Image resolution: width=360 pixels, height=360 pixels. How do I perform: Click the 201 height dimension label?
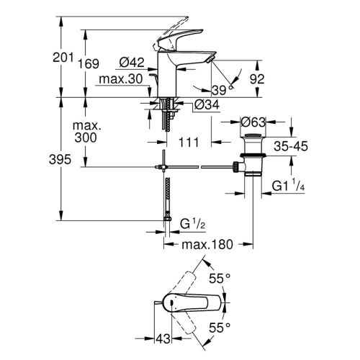pyautogui.click(x=63, y=58)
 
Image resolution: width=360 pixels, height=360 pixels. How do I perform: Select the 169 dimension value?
pyautogui.click(x=89, y=64)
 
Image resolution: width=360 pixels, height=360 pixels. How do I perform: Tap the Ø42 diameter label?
pyautogui.click(x=132, y=63)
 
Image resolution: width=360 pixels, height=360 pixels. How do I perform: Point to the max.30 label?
pyautogui.click(x=121, y=78)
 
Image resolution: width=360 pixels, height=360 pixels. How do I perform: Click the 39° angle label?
pyautogui.click(x=222, y=90)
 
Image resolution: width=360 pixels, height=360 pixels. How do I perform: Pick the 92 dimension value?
pyautogui.click(x=257, y=79)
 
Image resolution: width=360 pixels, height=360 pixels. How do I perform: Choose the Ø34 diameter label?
pyautogui.click(x=207, y=104)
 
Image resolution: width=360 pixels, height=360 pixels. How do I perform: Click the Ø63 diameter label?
pyautogui.click(x=253, y=122)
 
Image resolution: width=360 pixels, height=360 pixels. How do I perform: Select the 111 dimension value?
pyautogui.click(x=189, y=143)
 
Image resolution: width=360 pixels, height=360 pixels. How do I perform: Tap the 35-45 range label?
pyautogui.click(x=291, y=146)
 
